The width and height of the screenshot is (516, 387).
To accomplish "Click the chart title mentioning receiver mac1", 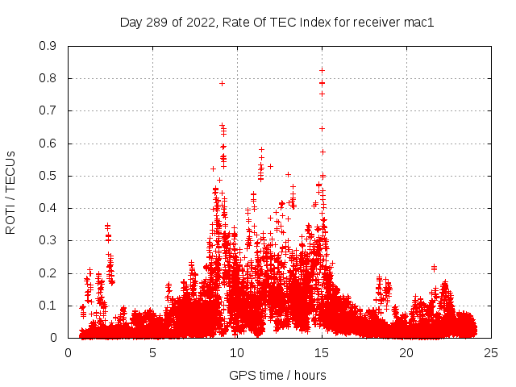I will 277,23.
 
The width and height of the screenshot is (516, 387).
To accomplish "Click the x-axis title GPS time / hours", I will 277,375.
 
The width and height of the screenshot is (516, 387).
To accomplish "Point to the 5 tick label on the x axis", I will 152,352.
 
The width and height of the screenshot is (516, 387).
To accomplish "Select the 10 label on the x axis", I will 237,352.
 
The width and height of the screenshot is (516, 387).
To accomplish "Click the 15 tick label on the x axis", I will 322,352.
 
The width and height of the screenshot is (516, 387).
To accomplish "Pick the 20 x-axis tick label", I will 406,352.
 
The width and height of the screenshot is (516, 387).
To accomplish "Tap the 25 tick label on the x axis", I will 491,352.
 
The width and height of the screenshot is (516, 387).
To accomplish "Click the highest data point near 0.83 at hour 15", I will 322,70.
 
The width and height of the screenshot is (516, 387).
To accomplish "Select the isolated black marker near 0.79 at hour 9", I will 222,83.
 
